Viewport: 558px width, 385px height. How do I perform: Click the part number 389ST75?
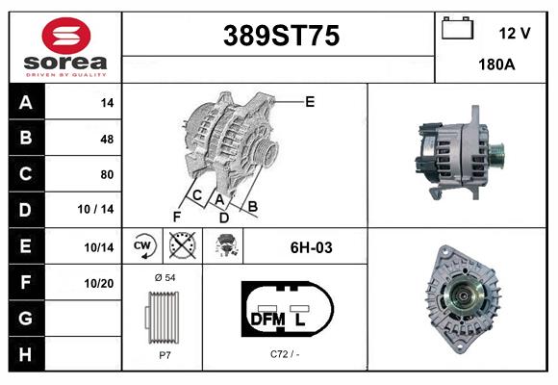tap(281, 37)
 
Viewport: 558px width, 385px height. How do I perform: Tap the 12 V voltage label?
tap(515, 33)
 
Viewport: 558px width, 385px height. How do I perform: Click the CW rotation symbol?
tap(142, 246)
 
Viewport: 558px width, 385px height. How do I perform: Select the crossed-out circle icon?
tap(181, 246)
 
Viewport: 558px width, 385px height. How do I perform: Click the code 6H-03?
tap(311, 247)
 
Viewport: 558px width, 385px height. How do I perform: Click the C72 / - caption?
tap(285, 354)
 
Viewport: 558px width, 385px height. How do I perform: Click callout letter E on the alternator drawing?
tap(310, 100)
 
